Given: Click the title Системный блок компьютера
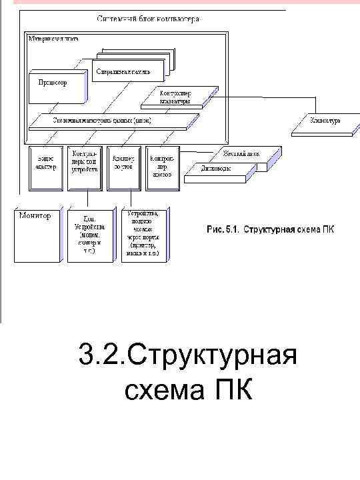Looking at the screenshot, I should tap(147, 20).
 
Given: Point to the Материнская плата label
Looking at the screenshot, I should tap(54, 38).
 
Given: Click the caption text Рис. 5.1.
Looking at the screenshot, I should tap(221, 230).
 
